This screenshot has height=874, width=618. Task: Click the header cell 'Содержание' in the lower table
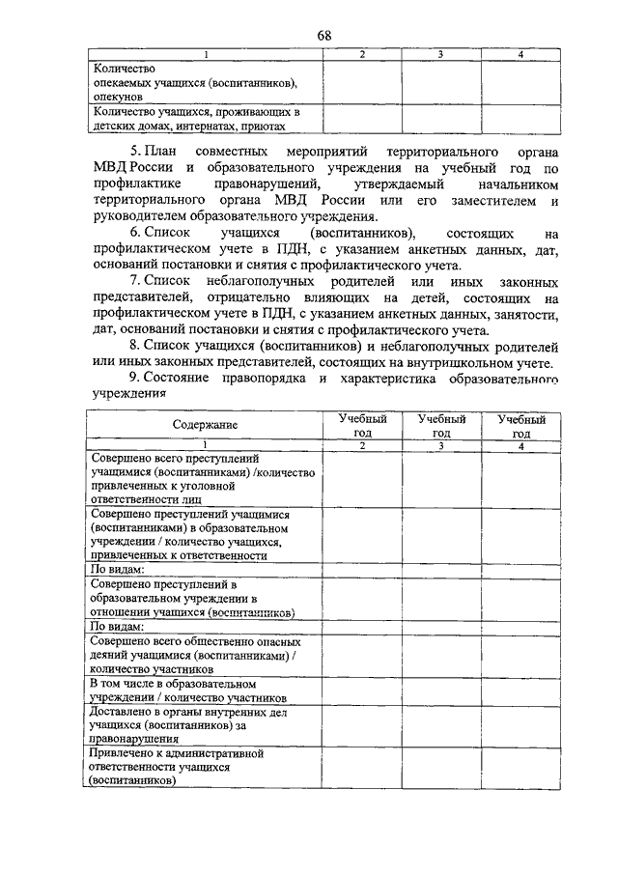205,425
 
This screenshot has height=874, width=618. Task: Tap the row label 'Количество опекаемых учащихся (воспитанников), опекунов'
192,84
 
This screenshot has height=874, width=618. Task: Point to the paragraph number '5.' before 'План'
136,153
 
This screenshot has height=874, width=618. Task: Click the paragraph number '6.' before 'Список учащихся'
136,235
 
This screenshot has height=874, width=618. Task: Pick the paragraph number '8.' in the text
136,347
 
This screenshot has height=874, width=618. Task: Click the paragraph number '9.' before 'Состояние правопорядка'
136,380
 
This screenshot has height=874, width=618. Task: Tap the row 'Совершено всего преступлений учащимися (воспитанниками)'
205,478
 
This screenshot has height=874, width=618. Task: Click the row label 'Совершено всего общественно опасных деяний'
205,654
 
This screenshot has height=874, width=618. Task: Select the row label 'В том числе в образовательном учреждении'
205,690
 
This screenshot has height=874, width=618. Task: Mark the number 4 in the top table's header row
520,55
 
